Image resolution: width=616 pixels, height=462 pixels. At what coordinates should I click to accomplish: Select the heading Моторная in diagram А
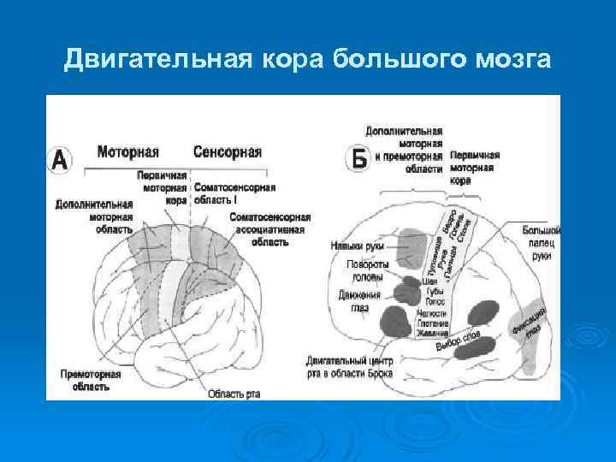tap(127, 152)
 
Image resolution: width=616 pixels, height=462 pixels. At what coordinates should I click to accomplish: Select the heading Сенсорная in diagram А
tap(227, 152)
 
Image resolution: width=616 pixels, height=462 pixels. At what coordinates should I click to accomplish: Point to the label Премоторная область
tap(85, 380)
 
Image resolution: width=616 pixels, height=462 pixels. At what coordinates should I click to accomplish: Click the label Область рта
tap(234, 394)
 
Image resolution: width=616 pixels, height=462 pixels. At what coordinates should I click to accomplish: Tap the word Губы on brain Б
tap(434, 291)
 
